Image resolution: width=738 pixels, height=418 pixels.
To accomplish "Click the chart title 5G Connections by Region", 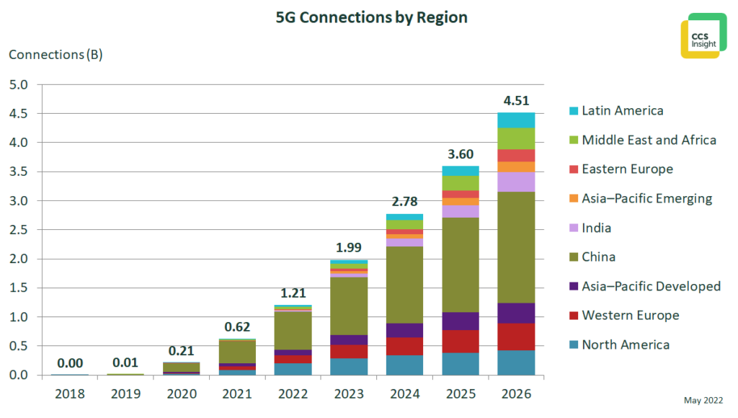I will pyautogui.click(x=371, y=17).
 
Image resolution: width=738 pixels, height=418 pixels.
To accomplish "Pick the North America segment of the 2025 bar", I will pyautogui.click(x=461, y=363).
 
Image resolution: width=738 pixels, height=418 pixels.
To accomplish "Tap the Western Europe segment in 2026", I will pyautogui.click(x=516, y=337).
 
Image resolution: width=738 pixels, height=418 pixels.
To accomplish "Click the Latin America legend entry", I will pyautogui.click(x=623, y=110).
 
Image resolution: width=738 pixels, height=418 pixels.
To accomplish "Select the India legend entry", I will pyautogui.click(x=596, y=228).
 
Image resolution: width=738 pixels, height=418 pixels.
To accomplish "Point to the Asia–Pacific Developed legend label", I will pyautogui.click(x=651, y=286).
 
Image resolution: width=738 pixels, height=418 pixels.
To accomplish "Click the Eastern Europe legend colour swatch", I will pyautogui.click(x=574, y=169).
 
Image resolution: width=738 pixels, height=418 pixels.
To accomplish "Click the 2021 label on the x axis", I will pyautogui.click(x=238, y=393).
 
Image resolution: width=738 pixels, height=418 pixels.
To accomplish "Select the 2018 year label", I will pyautogui.click(x=70, y=393).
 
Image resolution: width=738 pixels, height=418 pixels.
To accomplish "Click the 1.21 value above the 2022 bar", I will pyautogui.click(x=293, y=293).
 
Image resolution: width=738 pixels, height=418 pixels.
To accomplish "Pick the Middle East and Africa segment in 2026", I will pyautogui.click(x=516, y=138).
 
